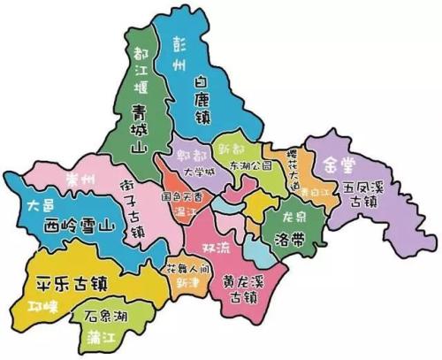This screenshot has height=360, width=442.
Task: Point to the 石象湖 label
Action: [x=105, y=316]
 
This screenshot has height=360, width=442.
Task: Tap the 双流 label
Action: [x=219, y=245]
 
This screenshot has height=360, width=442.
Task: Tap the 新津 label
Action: [x=187, y=282]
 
